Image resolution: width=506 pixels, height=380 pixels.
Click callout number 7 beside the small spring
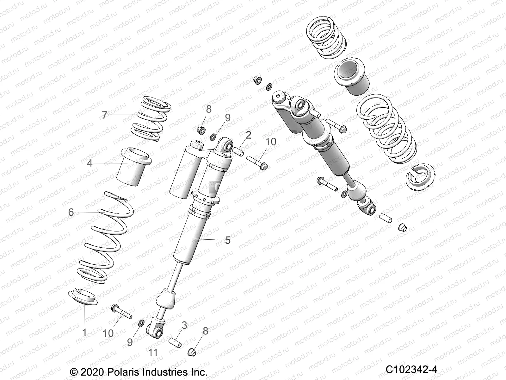pos(105,115)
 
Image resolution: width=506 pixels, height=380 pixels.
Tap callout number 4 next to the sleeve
pos(90,163)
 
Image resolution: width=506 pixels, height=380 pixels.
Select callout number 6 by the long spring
pos(71,212)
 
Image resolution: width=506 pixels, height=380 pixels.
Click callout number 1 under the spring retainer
pos(84,332)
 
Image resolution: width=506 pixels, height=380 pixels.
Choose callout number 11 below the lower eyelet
pos(153,352)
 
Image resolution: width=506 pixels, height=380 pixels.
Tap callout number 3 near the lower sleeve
pos(184,325)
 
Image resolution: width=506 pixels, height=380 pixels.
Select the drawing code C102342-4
pos(411,369)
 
